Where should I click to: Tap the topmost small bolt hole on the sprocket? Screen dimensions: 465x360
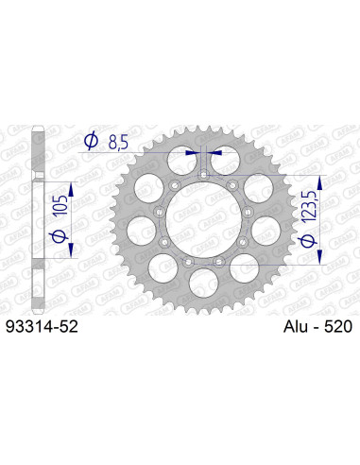(203, 174)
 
